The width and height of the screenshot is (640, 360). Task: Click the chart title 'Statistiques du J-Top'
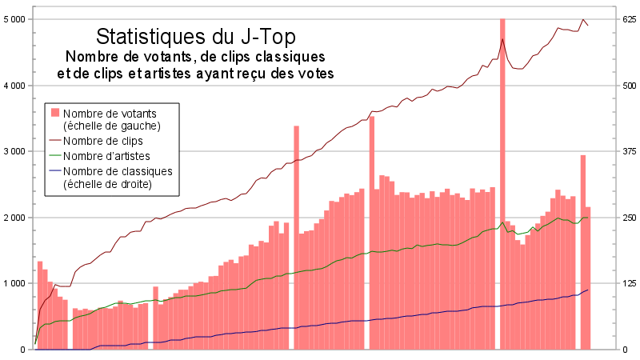(196, 37)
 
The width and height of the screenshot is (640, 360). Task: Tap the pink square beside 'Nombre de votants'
(54, 112)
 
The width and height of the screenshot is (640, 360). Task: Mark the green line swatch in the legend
(54, 156)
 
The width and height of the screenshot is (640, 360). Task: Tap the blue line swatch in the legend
(54, 171)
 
